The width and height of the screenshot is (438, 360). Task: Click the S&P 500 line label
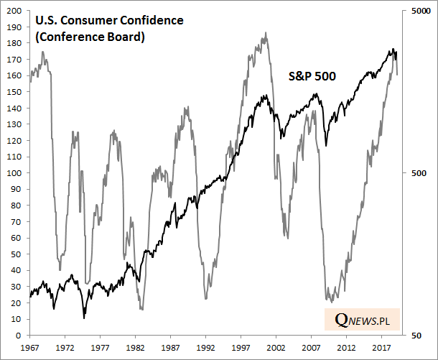pos(312,75)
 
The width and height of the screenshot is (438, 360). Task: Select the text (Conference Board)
pos(90,36)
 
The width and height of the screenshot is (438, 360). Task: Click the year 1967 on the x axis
pos(29,347)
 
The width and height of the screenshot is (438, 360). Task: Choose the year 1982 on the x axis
pos(135,347)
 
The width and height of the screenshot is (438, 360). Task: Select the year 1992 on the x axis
pos(205,347)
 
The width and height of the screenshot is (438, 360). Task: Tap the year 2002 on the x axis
pos(276,347)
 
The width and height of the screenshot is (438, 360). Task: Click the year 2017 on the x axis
pos(381,347)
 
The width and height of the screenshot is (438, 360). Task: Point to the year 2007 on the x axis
pos(311,347)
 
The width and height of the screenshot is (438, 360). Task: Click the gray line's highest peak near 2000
pos(266,32)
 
